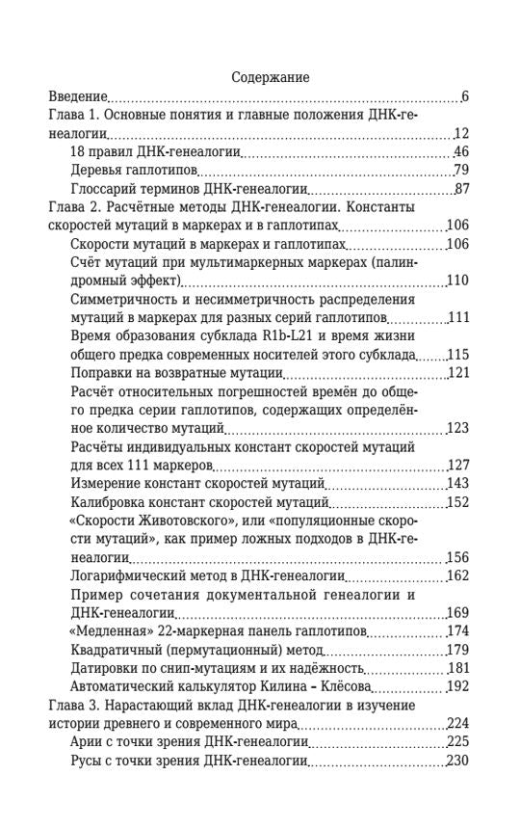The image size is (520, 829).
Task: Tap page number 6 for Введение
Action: (x=464, y=96)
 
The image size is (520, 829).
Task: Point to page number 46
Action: (x=460, y=151)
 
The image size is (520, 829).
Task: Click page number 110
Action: (x=457, y=281)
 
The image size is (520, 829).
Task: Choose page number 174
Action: (x=457, y=631)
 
